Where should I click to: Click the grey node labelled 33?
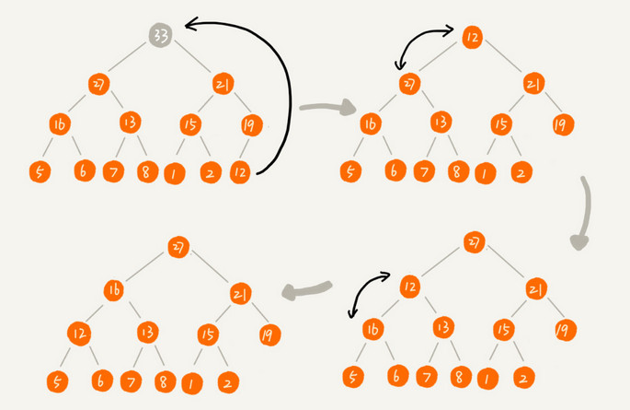coord(160,37)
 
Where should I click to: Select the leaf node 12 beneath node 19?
coord(241,170)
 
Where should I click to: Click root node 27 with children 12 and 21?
coord(474,242)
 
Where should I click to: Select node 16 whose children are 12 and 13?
coord(114,291)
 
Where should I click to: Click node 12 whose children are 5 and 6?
coord(80,333)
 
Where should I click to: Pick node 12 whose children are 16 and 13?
coord(410,287)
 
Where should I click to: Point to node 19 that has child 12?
coord(248,125)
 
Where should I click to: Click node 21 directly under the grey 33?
coord(222,84)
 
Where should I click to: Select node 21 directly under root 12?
coord(534,85)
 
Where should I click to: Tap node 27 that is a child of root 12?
coord(410,84)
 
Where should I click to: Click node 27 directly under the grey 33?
coord(98,84)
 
